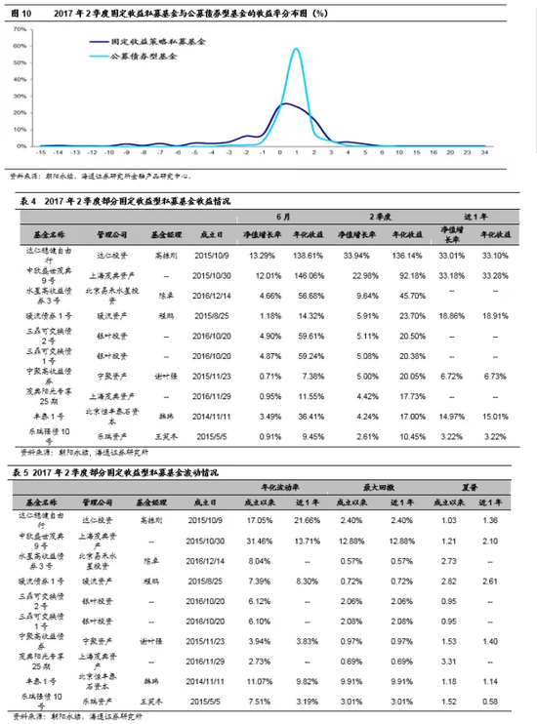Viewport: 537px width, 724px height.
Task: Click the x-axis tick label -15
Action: (41, 152)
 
